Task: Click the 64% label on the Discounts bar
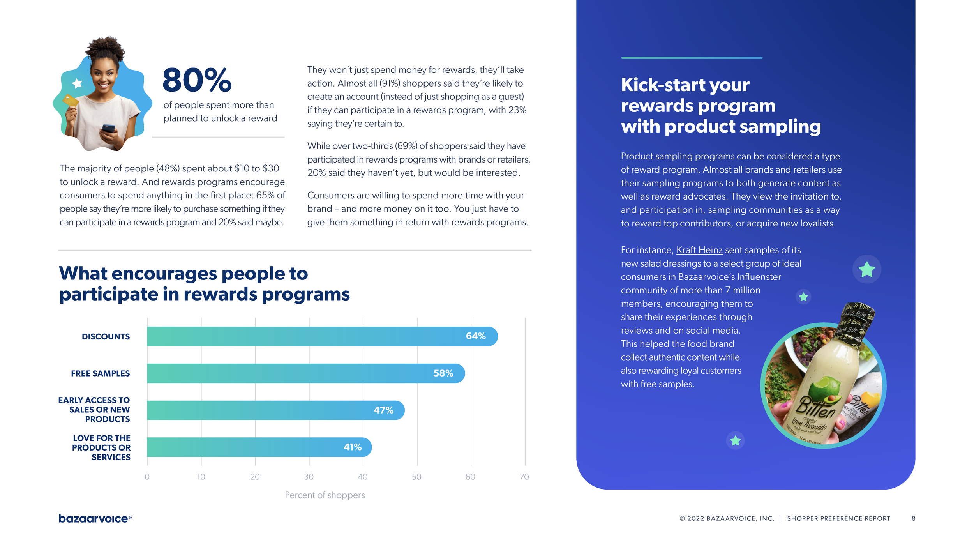(476, 336)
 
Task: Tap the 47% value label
(383, 410)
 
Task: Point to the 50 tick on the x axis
(416, 477)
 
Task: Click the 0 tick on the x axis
(147, 477)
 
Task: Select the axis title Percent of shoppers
(325, 495)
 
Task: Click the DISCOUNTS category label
(106, 336)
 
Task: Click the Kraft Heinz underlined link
(699, 250)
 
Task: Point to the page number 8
(913, 518)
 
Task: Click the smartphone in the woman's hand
(109, 128)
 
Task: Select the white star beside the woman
(77, 83)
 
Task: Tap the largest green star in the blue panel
(866, 269)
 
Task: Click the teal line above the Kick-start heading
(692, 58)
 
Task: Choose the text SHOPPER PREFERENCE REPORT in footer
(838, 518)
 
